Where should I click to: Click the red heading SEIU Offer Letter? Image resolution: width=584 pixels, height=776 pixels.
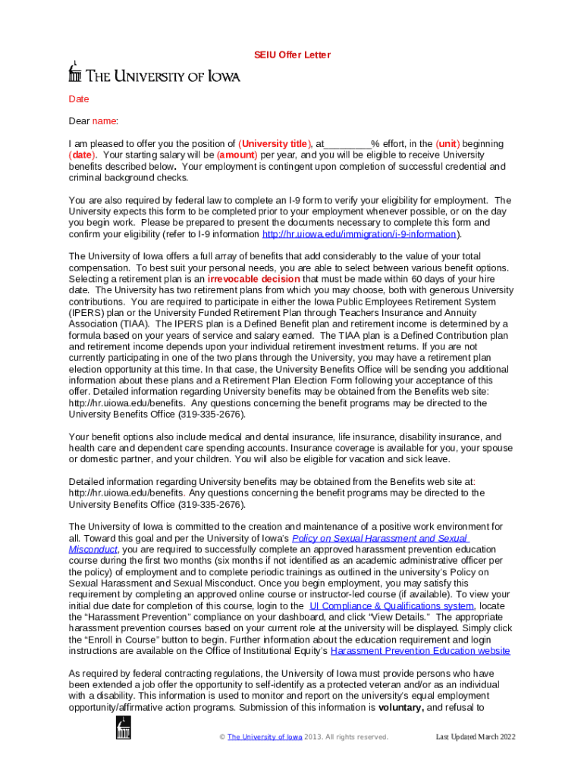point(292,55)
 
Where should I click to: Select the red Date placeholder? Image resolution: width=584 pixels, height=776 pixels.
point(79,99)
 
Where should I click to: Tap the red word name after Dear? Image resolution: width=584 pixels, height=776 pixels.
point(105,121)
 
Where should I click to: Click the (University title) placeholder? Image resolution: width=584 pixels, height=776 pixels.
point(275,144)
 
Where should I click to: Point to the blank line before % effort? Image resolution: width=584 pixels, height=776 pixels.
point(348,144)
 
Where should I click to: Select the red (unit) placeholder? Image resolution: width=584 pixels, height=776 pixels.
point(446,144)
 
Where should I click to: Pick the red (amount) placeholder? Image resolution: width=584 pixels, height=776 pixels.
point(234,155)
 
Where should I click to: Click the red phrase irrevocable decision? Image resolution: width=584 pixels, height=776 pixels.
point(253,279)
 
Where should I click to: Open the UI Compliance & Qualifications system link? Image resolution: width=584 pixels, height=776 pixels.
point(392,606)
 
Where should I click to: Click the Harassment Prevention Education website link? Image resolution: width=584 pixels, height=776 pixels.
point(420,651)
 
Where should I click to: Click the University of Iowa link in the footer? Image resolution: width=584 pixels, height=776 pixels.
point(265,737)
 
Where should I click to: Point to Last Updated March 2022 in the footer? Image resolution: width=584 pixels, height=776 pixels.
point(475,737)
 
